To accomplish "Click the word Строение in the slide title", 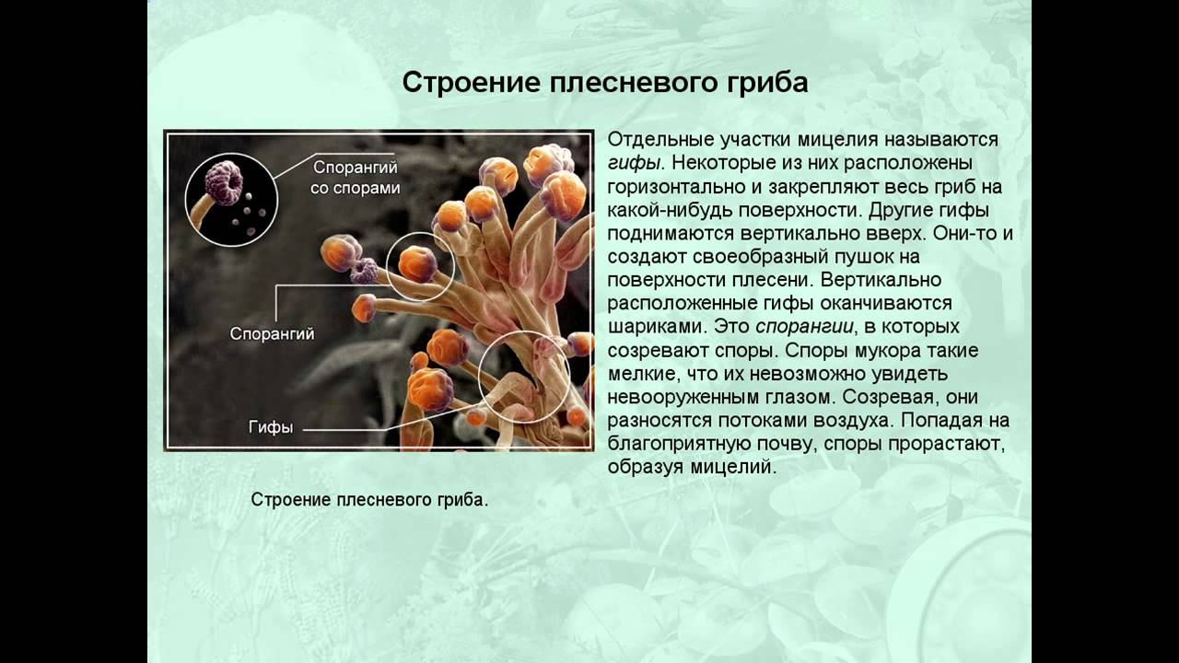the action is pos(471,83).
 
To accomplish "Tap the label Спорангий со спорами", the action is pos(356,178).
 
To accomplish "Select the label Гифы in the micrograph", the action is pos(271,427).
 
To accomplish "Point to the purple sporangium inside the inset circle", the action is pos(224,182).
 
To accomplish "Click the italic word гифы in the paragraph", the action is pos(633,164).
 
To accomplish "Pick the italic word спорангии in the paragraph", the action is pos(804,327).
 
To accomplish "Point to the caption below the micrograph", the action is pos(369,499).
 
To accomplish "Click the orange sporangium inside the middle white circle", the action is pos(417,264).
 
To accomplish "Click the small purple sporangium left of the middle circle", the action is pos(364,271).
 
